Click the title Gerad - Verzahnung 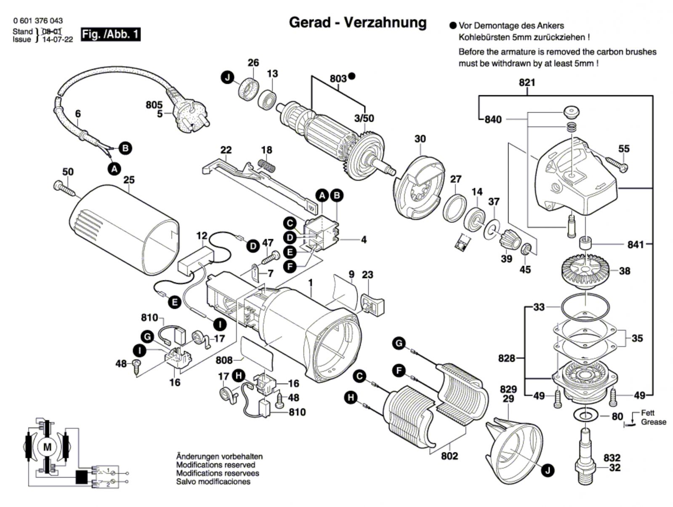click(357, 22)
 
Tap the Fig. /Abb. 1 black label click(110, 35)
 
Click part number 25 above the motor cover click(129, 180)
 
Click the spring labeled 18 click(266, 165)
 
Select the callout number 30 click(420, 139)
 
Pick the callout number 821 click(527, 83)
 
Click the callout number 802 click(449, 456)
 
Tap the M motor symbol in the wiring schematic click(47, 447)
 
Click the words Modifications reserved click(215, 465)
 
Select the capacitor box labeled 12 click(196, 261)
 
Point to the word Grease click(653, 422)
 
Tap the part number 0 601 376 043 click(38, 21)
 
